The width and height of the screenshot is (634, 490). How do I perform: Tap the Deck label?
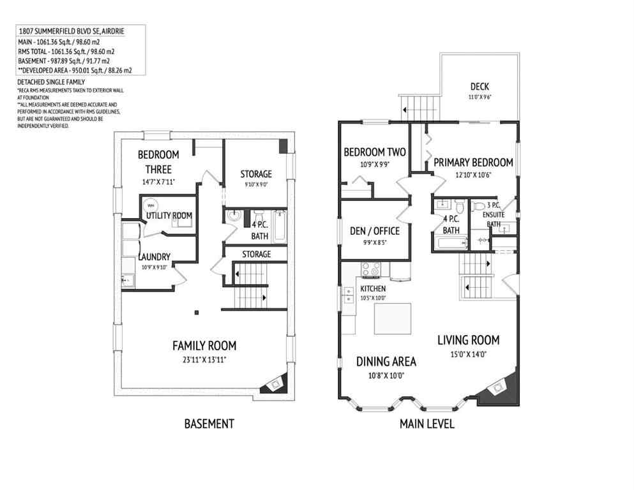point(480,87)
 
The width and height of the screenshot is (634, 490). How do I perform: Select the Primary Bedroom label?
point(473,163)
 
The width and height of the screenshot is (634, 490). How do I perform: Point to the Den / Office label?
point(375,231)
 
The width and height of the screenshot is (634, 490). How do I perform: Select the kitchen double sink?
point(348,294)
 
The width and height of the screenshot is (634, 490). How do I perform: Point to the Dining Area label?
point(386,362)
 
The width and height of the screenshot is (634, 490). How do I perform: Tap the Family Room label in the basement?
point(204,346)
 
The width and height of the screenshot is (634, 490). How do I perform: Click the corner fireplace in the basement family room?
point(275,383)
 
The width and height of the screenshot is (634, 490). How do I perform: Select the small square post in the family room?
point(197,312)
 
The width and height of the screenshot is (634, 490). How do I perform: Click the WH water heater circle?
point(151,205)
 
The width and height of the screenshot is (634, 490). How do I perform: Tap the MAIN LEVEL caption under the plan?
point(426,424)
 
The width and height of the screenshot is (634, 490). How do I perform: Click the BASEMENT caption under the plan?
point(209,424)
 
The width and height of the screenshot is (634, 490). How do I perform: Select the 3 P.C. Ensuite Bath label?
point(494,214)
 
